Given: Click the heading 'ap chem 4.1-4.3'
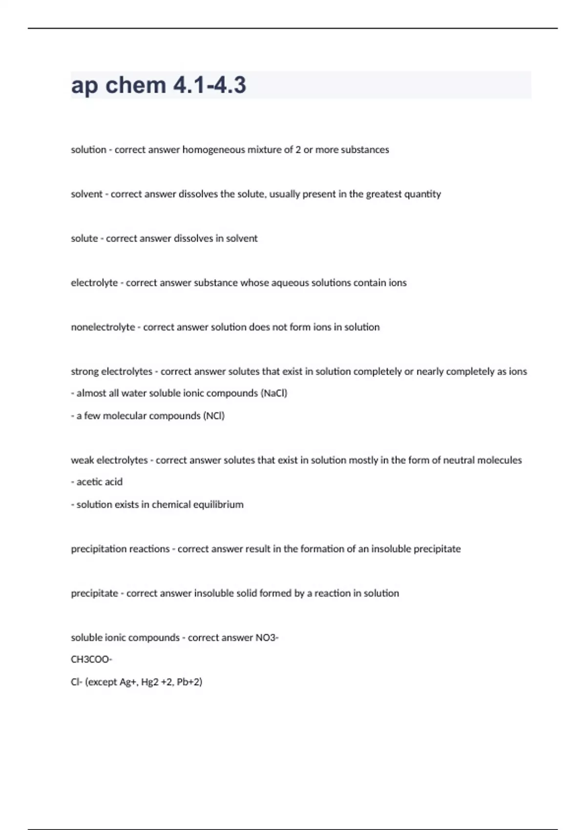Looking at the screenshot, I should pyautogui.click(x=158, y=85).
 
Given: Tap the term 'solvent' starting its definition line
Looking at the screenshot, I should pyautogui.click(x=86, y=194).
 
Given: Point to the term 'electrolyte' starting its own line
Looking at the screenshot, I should pyautogui.click(x=94, y=283).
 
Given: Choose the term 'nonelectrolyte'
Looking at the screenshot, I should pyautogui.click(x=103, y=327).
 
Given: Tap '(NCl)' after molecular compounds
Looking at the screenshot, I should pyautogui.click(x=214, y=416).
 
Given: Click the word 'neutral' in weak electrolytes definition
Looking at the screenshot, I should pyautogui.click(x=459, y=460).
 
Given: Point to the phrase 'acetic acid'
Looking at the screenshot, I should pyautogui.click(x=100, y=482).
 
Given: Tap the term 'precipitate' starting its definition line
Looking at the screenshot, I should pyautogui.click(x=94, y=594).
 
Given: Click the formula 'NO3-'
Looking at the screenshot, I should pyautogui.click(x=267, y=638).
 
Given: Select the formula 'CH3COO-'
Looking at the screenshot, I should pyautogui.click(x=91, y=660).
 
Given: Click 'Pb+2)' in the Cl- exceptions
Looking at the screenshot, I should pyautogui.click(x=189, y=682).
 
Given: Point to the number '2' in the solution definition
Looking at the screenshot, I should pyautogui.click(x=298, y=150).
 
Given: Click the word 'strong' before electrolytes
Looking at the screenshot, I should pyautogui.click(x=84, y=372).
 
